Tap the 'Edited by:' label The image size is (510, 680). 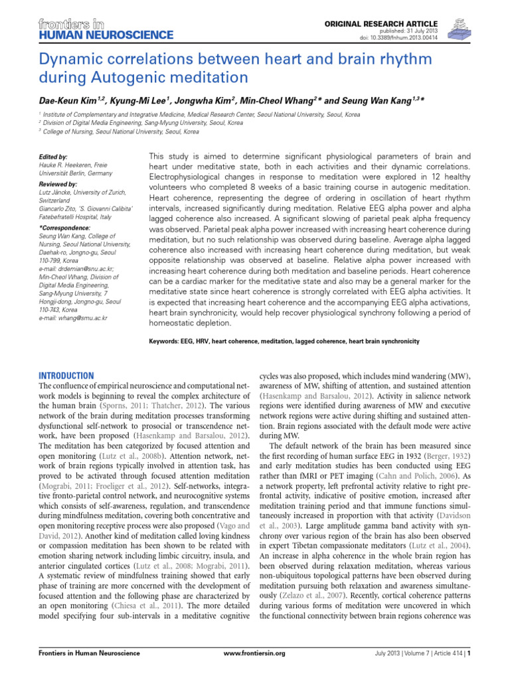click(54, 157)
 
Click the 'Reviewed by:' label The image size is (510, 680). click(58, 183)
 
